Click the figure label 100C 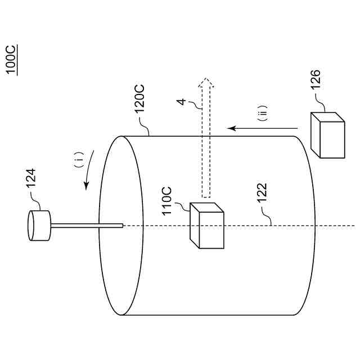click(11, 60)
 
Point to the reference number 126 click(316, 84)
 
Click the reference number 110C click(168, 200)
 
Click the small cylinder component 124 click(39, 226)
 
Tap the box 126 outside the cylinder click(327, 135)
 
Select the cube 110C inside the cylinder click(207, 226)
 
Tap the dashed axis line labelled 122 click(281, 226)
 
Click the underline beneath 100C click(18, 60)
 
